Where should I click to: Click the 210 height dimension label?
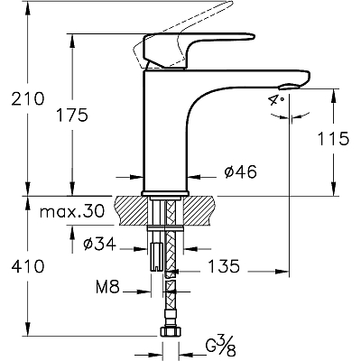[28, 98]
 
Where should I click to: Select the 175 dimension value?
[72, 115]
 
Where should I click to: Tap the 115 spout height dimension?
[333, 139]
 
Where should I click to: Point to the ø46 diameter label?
[241, 172]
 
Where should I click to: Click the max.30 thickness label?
[72, 211]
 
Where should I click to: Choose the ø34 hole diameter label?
[100, 244]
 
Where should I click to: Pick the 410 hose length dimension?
[28, 266]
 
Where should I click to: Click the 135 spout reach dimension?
[224, 266]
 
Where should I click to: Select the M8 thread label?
[107, 287]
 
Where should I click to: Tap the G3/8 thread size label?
[220, 348]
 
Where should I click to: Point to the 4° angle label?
[276, 99]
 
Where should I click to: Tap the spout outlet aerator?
[290, 87]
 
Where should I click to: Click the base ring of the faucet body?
[165, 193]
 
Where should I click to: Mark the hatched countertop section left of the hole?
[132, 210]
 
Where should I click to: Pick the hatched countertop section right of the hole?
[199, 210]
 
